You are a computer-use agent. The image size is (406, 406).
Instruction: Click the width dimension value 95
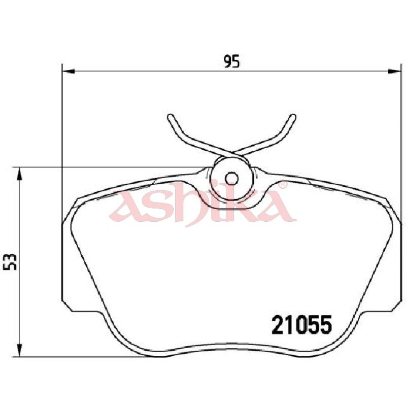tap(232, 61)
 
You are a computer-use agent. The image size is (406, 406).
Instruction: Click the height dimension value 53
tap(10, 262)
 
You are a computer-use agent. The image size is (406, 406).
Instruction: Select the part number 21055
tap(301, 324)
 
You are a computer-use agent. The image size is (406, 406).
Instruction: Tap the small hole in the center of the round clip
tap(231, 179)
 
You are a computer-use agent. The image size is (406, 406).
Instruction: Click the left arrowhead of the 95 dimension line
tap(69, 71)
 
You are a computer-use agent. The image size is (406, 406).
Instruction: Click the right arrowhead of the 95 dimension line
tap(394, 71)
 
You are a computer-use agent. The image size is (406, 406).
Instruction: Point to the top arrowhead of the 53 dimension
tap(19, 174)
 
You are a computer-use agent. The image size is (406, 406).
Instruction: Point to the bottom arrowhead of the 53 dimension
tap(19, 350)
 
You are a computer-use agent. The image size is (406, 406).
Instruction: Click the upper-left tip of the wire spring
tap(171, 117)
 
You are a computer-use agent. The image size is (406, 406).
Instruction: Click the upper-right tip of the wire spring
tap(293, 117)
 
